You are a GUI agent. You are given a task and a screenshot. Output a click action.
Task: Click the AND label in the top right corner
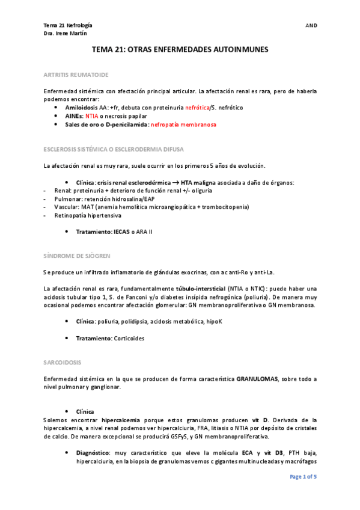click(x=311, y=26)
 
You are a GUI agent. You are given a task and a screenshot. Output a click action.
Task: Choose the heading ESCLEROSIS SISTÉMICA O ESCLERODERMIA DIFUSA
click(x=114, y=149)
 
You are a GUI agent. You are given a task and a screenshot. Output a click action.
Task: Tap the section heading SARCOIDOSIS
click(x=63, y=362)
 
